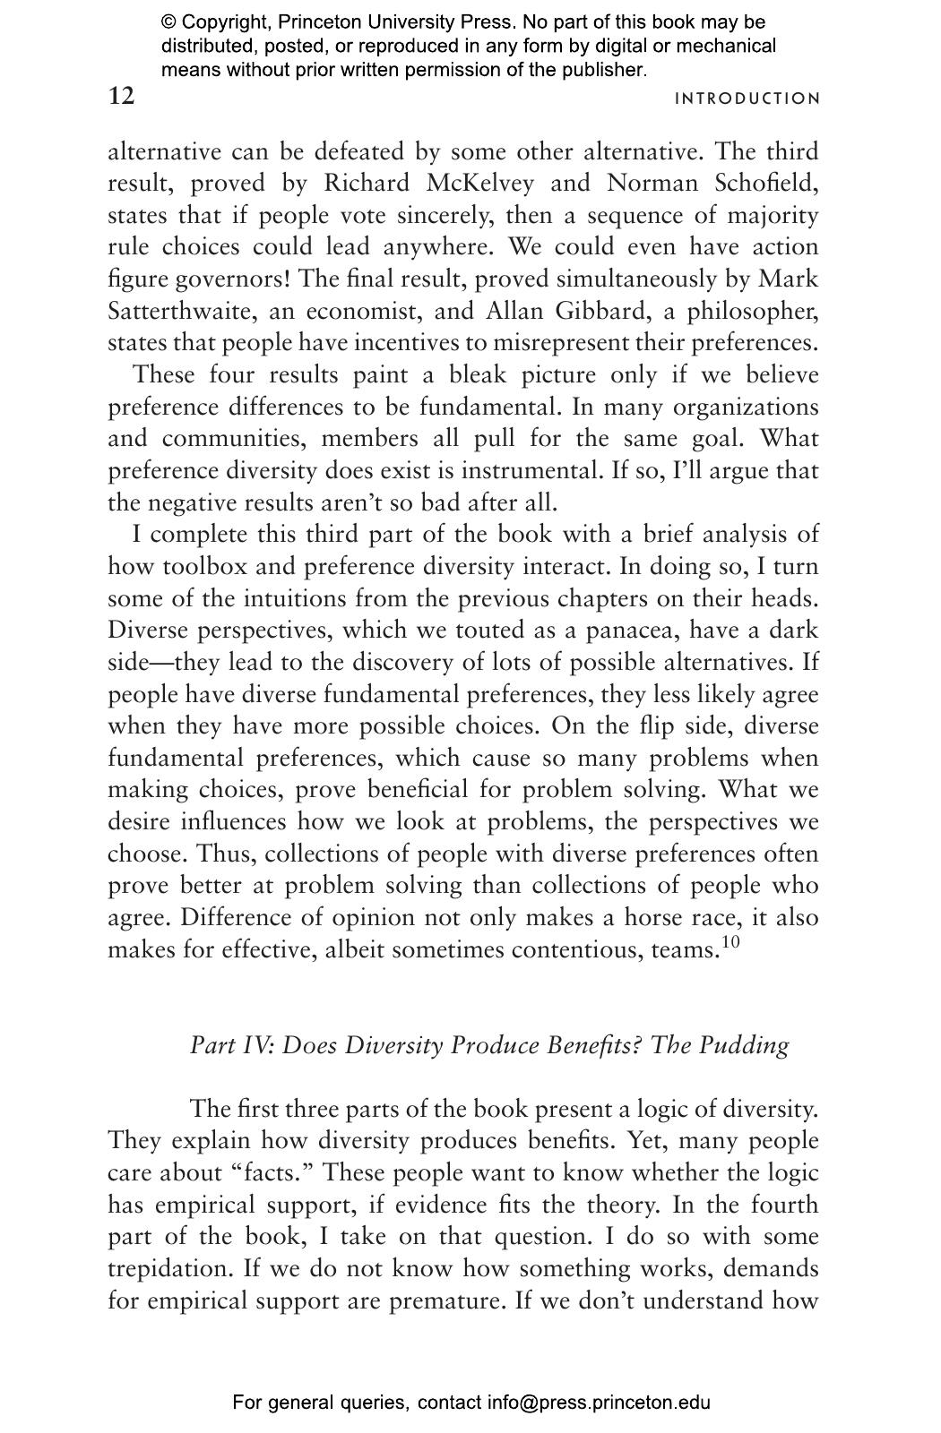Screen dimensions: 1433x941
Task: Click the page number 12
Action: (x=121, y=96)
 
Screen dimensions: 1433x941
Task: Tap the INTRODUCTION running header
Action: (x=747, y=99)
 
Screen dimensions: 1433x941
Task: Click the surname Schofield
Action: (x=766, y=184)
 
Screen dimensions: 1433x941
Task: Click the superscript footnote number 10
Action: (x=730, y=941)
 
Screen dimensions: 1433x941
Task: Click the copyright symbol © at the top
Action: (x=169, y=22)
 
